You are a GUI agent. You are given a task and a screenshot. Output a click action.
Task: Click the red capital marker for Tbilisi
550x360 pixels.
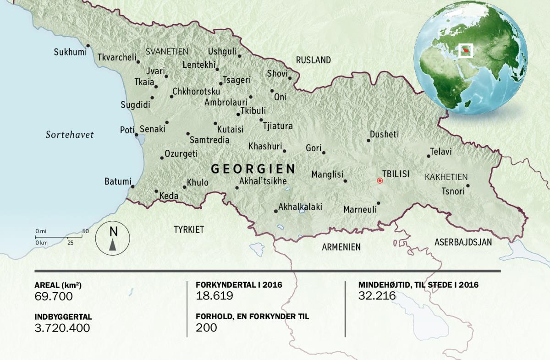coord(379,180)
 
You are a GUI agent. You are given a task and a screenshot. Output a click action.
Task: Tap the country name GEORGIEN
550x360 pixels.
coord(253,169)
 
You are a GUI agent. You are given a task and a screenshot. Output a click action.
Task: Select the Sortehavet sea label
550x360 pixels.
coord(70,135)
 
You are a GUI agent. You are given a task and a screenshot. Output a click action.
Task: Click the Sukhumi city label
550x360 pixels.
coord(70,52)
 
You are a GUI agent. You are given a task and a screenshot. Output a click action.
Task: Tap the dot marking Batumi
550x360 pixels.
coord(132,186)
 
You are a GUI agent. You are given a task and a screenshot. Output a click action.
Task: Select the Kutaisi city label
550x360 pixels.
coord(230,129)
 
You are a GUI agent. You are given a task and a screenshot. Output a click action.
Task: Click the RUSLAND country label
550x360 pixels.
coord(313,60)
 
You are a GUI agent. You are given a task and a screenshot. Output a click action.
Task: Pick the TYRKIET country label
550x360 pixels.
coord(188,229)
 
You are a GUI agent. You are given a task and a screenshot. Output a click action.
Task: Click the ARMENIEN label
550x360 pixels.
coord(341,247)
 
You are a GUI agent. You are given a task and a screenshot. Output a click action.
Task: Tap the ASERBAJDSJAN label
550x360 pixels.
coord(463,242)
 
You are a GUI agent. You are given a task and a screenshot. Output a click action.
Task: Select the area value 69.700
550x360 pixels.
coord(54,296)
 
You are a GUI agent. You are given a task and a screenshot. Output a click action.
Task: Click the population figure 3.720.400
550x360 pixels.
coord(62,327)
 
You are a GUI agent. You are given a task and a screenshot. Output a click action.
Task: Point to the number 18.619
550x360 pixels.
coord(214,296)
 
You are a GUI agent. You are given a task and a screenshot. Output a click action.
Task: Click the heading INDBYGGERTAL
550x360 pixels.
coord(63,316)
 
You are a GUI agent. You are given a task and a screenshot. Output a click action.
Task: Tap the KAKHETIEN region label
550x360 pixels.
coord(446,177)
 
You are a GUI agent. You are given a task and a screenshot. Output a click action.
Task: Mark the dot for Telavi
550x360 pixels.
coord(429,156)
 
